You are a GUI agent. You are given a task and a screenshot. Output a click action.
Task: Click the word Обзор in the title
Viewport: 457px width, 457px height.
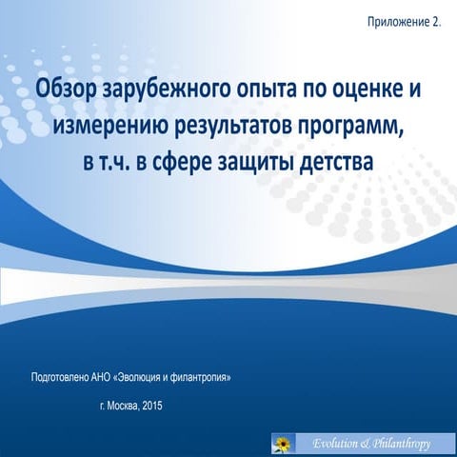pos(65,89)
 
